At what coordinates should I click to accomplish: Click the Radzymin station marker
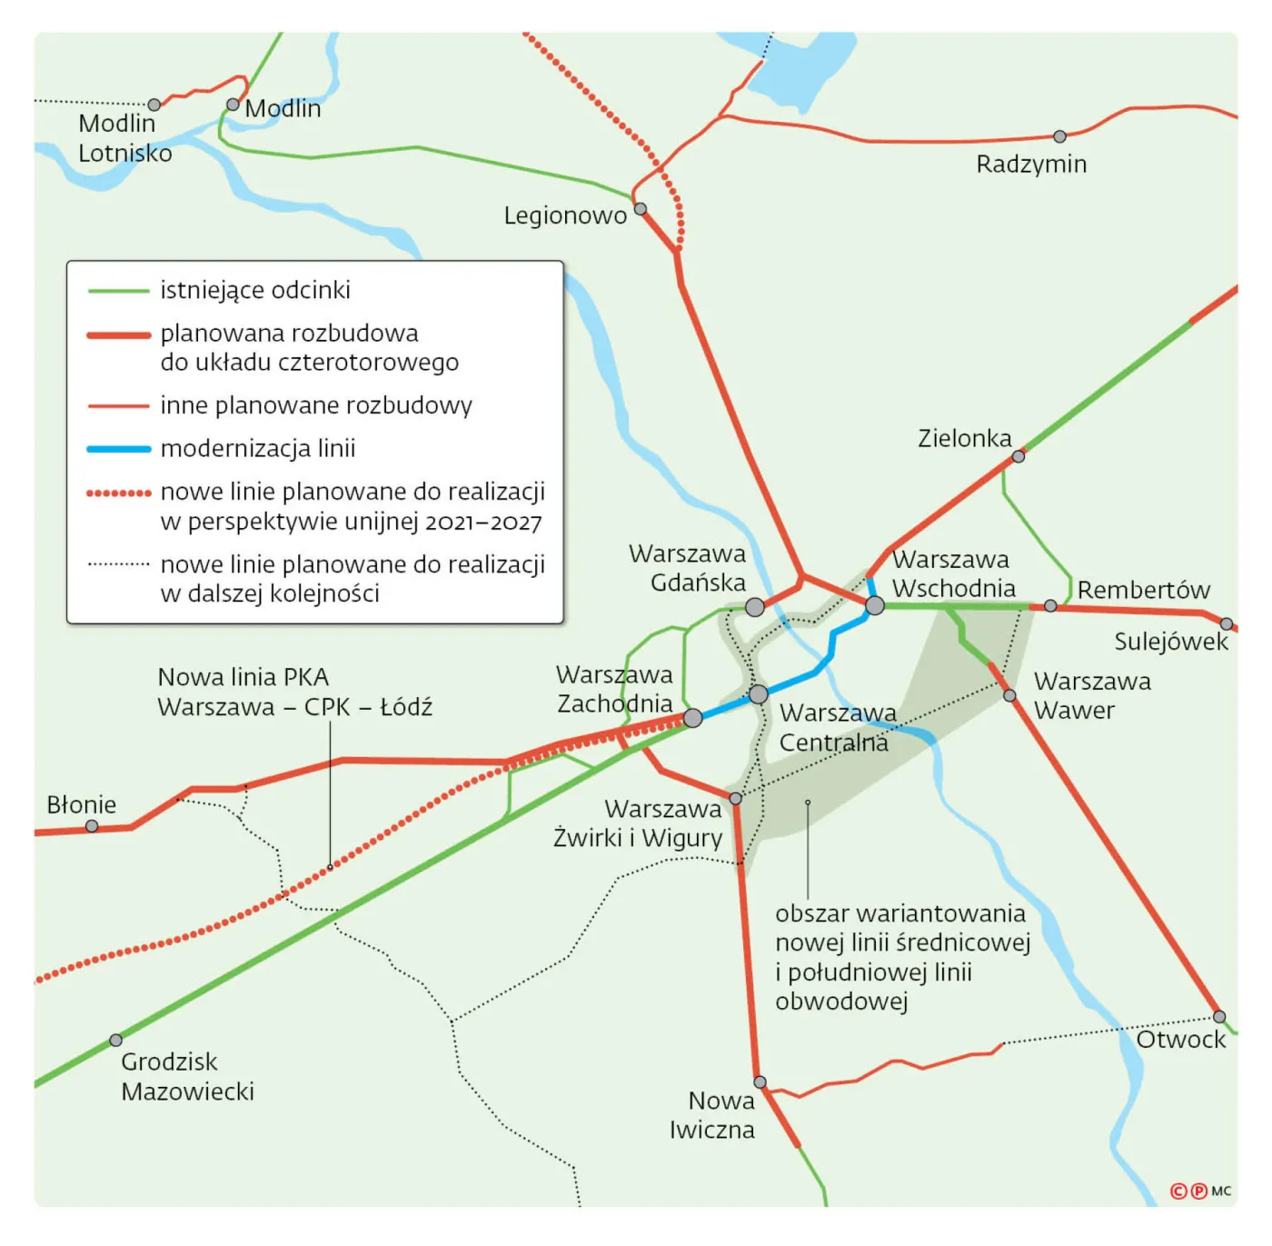point(1059,136)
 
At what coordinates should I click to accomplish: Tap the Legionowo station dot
point(641,209)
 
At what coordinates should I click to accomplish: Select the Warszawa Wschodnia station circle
point(875,605)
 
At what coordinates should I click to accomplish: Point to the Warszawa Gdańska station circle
point(755,607)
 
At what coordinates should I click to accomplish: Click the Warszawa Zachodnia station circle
point(692,718)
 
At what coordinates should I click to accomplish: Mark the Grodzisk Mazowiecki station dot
point(115,1040)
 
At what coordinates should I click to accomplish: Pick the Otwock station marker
point(1219,1016)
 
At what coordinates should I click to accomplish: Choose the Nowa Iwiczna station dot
point(760,1082)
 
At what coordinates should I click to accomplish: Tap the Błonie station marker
point(92,826)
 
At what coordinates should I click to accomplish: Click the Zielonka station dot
point(1019,456)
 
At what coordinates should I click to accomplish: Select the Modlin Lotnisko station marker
point(154,105)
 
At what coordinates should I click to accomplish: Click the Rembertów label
point(1143,590)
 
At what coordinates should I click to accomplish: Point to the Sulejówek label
point(1171,642)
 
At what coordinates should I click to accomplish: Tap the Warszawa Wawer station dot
point(1009,695)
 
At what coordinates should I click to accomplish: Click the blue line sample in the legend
point(118,449)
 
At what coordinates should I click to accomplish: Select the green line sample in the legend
point(118,291)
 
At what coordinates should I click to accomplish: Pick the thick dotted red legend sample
point(118,493)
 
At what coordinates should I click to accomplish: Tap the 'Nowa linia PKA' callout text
point(243,677)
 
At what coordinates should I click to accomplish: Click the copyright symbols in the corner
point(1188,1191)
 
